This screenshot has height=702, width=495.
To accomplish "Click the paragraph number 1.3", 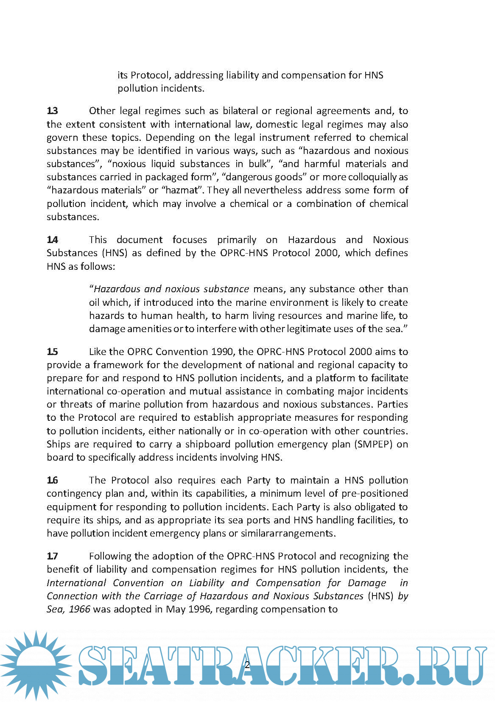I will coord(53,111).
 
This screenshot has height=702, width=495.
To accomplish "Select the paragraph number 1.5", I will coord(53,352).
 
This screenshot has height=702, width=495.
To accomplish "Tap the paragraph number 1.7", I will coord(53,556).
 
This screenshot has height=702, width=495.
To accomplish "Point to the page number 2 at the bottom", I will coord(247,665).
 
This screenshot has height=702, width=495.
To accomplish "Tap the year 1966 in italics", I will coord(79,609).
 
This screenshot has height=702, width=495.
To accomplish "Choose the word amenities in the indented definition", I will coord(149,329).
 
